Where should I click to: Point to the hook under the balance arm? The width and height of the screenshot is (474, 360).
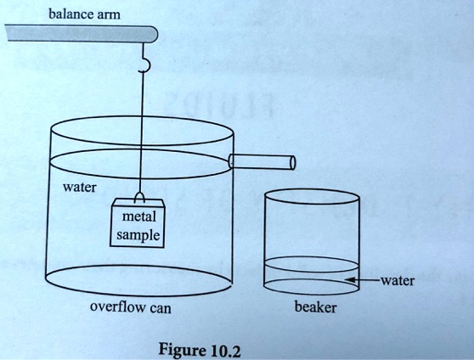[x=144, y=62]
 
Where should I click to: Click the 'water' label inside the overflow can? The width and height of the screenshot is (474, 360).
[x=80, y=186]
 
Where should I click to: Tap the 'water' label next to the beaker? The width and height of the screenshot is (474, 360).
[x=398, y=280]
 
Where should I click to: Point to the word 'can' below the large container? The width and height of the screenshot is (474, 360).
[x=161, y=308]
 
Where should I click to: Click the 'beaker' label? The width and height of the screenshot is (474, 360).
[x=314, y=307]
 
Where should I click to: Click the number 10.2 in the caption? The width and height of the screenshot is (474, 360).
[x=225, y=349]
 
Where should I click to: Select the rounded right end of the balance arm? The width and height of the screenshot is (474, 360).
[x=154, y=34]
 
